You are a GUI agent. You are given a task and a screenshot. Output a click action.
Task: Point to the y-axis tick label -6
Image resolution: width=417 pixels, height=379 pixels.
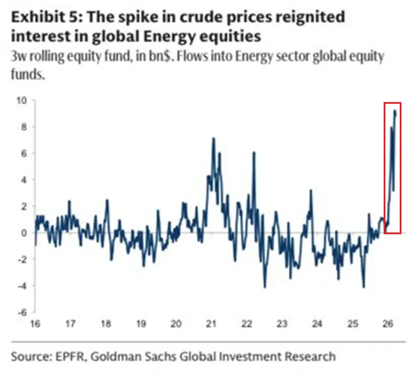pos(21,312)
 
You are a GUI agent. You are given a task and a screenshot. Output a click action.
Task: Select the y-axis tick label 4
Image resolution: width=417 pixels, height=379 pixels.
pos(24,180)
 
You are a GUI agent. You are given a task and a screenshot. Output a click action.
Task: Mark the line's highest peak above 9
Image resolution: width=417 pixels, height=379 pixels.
pos(395,111)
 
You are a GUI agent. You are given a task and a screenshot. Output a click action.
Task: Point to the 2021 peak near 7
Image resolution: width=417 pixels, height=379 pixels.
pos(213,138)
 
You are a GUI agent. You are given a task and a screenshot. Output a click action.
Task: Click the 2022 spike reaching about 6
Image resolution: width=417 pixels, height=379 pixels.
pos(254,152)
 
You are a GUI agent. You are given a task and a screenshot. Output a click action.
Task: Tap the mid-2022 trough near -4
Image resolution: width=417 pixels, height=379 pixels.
pos(265,287)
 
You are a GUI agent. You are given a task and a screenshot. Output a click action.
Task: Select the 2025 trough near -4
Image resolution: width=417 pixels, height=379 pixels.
pos(364,287)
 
